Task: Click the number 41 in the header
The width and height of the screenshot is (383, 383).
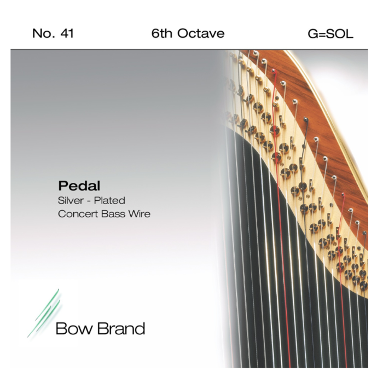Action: (66, 34)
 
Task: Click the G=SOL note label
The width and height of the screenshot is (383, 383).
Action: (330, 34)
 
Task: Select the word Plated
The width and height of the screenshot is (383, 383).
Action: (112, 201)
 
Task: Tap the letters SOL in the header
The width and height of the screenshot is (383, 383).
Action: (340, 34)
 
